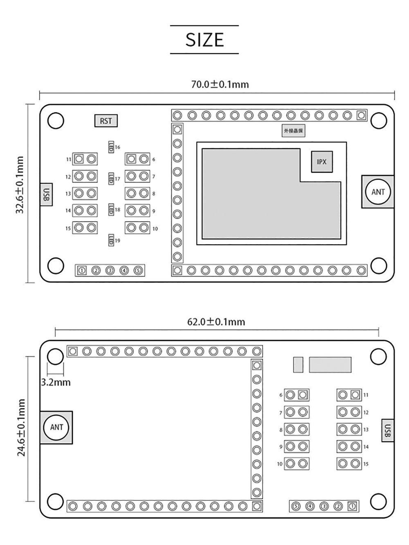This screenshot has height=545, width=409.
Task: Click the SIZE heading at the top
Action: click(204, 40)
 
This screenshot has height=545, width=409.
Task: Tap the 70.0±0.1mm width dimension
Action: click(220, 84)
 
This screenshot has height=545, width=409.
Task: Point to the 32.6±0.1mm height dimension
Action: click(20, 185)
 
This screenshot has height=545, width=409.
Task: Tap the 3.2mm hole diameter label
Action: click(56, 383)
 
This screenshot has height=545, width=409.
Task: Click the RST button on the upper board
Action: click(106, 121)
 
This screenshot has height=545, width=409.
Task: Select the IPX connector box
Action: click(321, 162)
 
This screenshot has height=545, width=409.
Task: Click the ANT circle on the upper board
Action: click(378, 192)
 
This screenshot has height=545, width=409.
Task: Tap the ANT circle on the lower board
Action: click(56, 427)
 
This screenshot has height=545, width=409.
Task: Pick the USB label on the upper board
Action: click(47, 194)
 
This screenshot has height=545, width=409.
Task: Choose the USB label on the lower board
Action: click(388, 430)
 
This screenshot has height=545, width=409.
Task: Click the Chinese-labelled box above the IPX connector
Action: click(294, 131)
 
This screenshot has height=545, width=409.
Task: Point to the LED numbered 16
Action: click(110, 147)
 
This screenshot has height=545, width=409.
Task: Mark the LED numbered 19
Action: click(110, 241)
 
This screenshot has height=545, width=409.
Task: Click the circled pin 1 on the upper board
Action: click(82, 270)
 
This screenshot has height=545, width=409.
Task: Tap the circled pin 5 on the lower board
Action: click(296, 506)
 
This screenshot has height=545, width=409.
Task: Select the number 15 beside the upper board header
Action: click(68, 228)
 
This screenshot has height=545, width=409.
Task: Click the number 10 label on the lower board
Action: click(280, 464)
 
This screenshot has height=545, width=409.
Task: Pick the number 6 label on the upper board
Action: click(154, 160)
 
